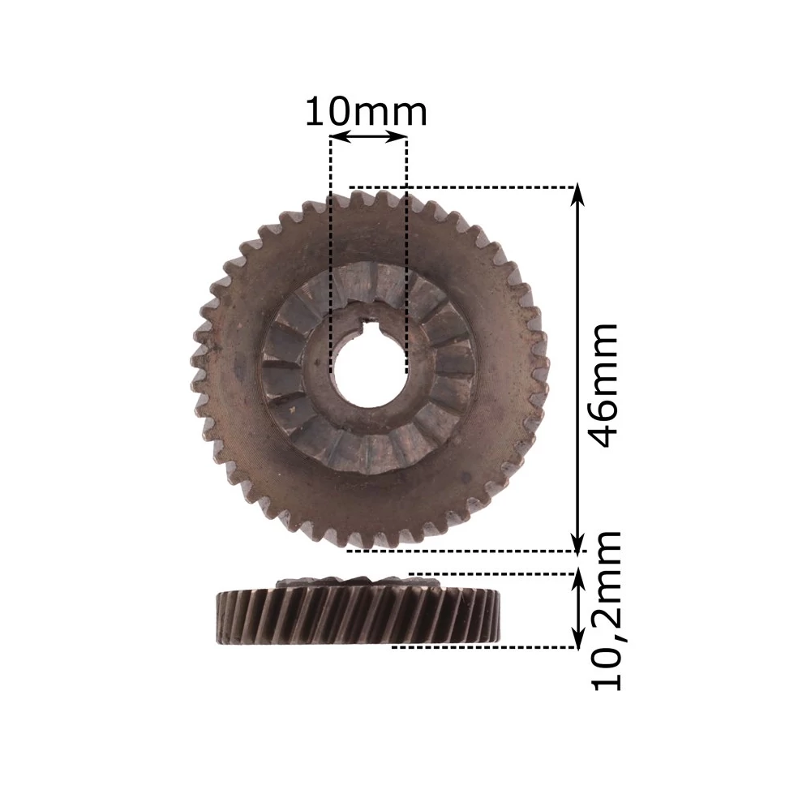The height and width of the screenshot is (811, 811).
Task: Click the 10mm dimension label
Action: pyautogui.click(x=367, y=112)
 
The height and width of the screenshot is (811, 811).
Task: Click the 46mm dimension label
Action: pyautogui.click(x=603, y=385)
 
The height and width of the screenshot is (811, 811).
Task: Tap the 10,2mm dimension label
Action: pyautogui.click(x=606, y=611)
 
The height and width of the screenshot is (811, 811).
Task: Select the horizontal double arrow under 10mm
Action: pyautogui.click(x=368, y=137)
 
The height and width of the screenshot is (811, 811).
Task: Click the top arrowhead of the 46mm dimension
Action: pyautogui.click(x=577, y=195)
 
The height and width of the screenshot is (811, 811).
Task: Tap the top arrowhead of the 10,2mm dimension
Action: pyautogui.click(x=577, y=583)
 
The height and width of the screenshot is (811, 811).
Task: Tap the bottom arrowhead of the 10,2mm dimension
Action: pyautogui.click(x=577, y=637)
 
